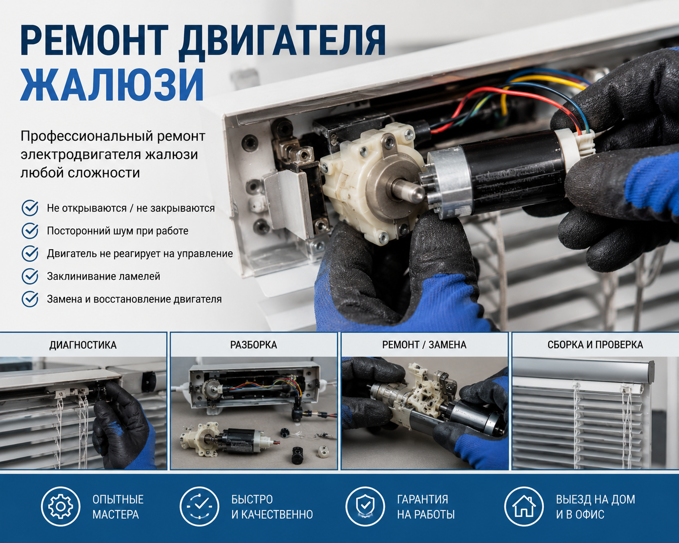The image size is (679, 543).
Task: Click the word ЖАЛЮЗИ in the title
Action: pos(112,84)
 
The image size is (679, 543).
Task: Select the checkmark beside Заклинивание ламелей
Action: pos(30,276)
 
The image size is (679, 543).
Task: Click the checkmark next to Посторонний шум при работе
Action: pos(30,231)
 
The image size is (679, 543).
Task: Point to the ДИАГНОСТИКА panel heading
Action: pos(83,345)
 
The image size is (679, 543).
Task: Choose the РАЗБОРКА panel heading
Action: pos(254,345)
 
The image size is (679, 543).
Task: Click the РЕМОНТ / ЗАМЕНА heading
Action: pos(424,345)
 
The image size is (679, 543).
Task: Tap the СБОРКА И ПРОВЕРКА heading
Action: pos(595,345)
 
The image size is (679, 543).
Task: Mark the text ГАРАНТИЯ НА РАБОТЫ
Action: pos(426,507)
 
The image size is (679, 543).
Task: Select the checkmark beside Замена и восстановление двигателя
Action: pos(30,299)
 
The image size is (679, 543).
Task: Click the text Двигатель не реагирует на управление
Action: pos(140,254)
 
